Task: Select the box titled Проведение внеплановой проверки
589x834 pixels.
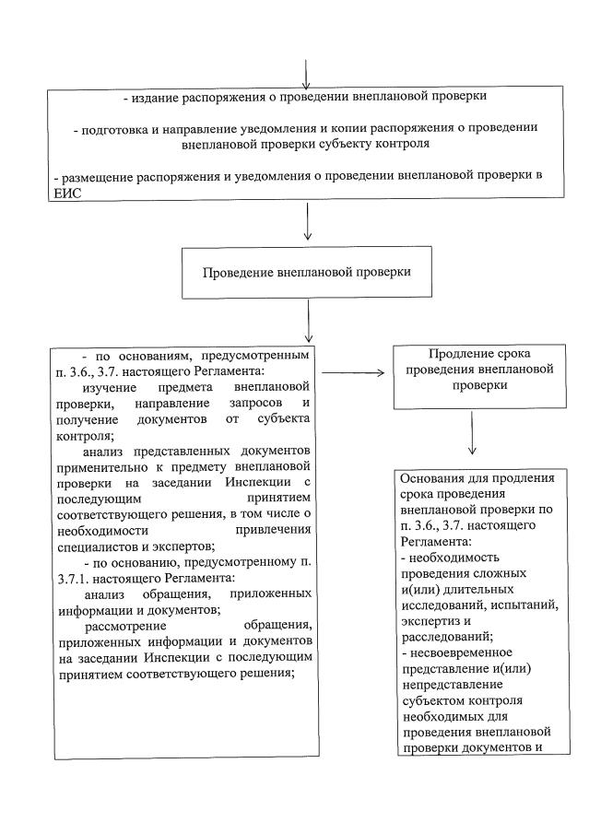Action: point(306,272)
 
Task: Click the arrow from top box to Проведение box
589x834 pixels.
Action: point(306,221)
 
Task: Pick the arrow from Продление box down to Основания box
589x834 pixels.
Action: point(472,432)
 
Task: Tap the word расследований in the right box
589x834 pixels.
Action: point(442,636)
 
